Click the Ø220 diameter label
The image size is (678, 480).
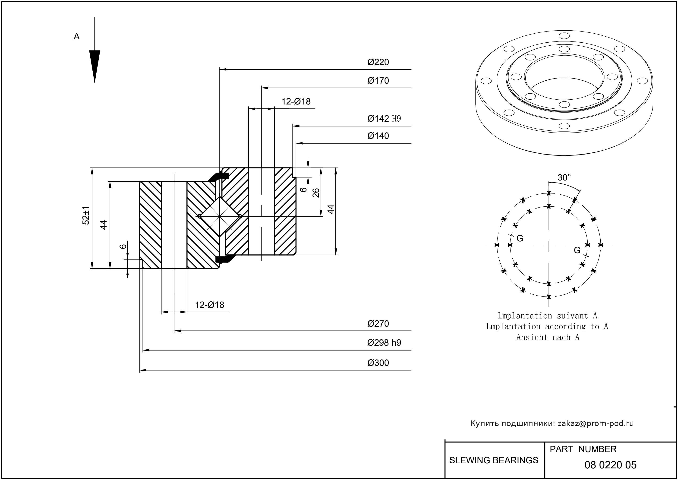[x=378, y=62]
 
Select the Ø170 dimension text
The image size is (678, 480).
[x=378, y=81]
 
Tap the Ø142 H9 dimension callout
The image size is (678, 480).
[x=384, y=119]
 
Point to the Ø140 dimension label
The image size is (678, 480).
[x=378, y=136]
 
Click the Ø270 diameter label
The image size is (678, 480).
[x=378, y=324]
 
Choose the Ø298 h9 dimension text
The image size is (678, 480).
[x=384, y=343]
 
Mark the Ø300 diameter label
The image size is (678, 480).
[x=378, y=363]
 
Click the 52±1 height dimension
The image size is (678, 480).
[x=86, y=215]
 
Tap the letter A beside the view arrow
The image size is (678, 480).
[x=76, y=37]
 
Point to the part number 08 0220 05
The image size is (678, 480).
[x=610, y=465]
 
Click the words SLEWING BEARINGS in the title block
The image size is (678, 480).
[x=494, y=460]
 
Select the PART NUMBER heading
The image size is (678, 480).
[x=583, y=449]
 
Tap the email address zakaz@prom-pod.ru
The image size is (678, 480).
[x=595, y=423]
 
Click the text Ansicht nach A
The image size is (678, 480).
[x=548, y=337]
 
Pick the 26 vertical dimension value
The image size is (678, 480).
[x=316, y=193]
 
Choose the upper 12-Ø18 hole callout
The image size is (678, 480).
[x=296, y=102]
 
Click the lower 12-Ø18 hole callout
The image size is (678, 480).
[x=210, y=305]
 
